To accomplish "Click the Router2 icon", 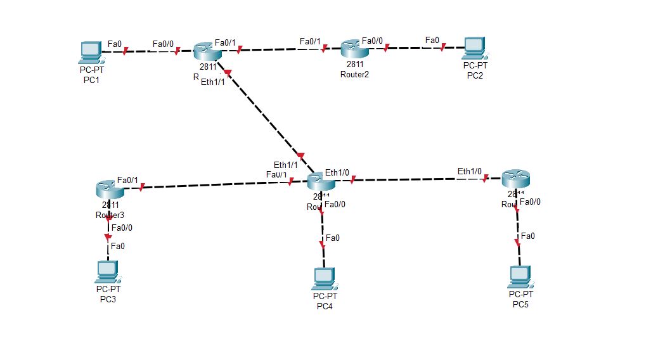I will click(x=353, y=48).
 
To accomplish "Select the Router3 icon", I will click(x=109, y=188).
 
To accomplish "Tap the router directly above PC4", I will click(x=321, y=181).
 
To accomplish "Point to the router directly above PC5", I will click(x=515, y=179).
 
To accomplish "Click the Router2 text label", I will click(x=354, y=74).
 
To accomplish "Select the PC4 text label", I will click(x=325, y=306).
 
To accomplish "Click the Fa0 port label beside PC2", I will click(x=432, y=40).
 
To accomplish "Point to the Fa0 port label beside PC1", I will click(x=115, y=43).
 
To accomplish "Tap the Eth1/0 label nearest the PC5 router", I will click(x=470, y=171).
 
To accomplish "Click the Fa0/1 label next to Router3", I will click(x=127, y=180).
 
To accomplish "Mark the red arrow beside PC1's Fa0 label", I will click(x=126, y=51).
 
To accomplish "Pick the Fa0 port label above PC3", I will click(x=118, y=246).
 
